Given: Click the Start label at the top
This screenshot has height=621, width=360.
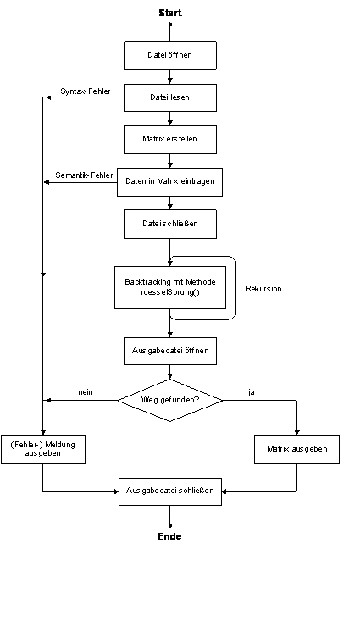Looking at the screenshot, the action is coord(170,13).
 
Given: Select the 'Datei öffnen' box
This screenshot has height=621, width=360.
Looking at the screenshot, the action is coord(170,55).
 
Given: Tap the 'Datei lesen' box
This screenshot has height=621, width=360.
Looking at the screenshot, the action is coord(170,97).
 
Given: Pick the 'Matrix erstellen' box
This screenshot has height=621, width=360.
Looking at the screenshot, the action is coord(170,140).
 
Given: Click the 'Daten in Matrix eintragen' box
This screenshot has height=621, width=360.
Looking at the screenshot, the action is coord(169,182).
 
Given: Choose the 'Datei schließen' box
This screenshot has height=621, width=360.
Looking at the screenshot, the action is coord(170,225).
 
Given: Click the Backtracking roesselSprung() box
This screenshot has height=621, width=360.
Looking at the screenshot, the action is coord(170,287).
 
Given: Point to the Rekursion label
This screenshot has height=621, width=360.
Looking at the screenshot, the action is coord(263,289).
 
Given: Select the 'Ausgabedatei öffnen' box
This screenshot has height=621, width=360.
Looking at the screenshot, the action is coord(170,351).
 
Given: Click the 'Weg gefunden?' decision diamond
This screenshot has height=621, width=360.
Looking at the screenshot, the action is coord(170,401).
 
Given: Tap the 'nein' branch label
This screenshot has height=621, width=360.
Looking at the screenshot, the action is coord(86,392).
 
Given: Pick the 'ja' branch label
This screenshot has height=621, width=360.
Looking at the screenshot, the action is coord(252,392).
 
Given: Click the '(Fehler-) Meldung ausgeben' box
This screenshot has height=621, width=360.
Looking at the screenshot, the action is coord(43,450).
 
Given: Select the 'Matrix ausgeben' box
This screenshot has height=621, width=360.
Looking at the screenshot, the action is coord(296,450).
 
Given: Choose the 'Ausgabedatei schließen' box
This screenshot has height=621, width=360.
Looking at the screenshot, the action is coord(170,491).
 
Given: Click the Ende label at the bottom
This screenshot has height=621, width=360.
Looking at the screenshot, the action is coord(170,536).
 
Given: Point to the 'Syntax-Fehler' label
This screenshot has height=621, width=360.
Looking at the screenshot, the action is coord(86,91).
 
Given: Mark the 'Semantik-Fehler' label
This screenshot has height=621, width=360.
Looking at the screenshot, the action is coord(85,175).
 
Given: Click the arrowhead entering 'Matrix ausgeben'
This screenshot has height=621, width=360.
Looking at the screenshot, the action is coord(297,433).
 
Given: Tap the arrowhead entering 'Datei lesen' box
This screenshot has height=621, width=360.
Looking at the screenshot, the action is coord(170,81).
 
